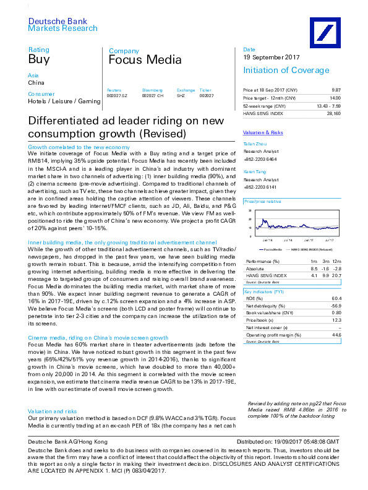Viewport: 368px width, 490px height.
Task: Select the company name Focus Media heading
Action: point(145,60)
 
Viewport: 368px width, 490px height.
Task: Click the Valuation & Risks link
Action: point(263,133)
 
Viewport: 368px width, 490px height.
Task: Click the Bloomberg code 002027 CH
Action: point(153,95)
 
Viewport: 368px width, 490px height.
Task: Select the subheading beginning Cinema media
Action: point(98,338)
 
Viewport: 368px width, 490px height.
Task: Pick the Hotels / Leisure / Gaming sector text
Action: point(62,100)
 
